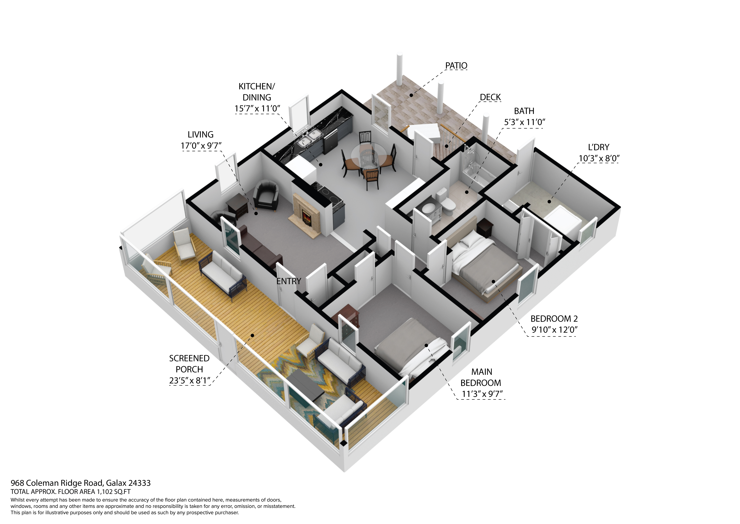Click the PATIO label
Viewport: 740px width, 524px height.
pos(456,65)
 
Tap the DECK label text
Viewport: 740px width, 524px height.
pos(490,97)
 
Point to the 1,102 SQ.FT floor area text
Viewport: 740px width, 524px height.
pos(113,492)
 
